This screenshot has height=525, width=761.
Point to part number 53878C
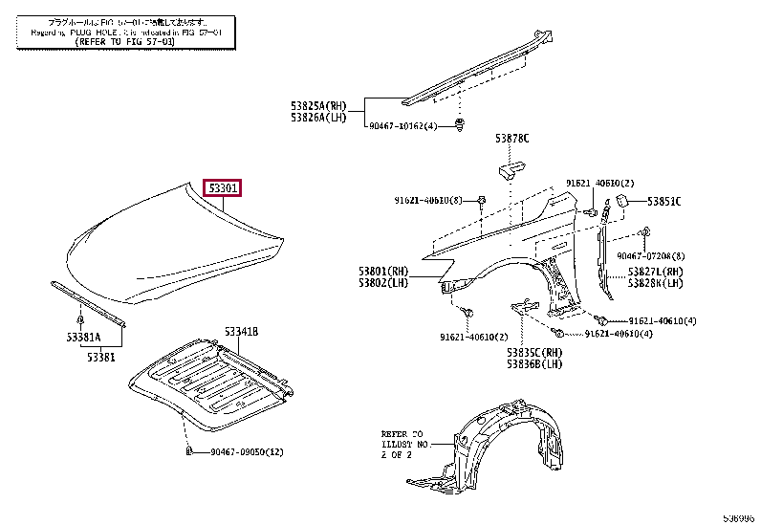[x=511, y=140]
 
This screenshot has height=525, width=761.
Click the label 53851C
[x=663, y=201]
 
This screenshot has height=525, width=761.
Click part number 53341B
[x=242, y=332]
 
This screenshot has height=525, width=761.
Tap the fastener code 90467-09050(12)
[x=244, y=451]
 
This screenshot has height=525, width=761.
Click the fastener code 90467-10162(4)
[x=404, y=126]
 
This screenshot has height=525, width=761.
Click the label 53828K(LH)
[x=655, y=284]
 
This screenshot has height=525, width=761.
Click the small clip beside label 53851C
[x=619, y=201]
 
